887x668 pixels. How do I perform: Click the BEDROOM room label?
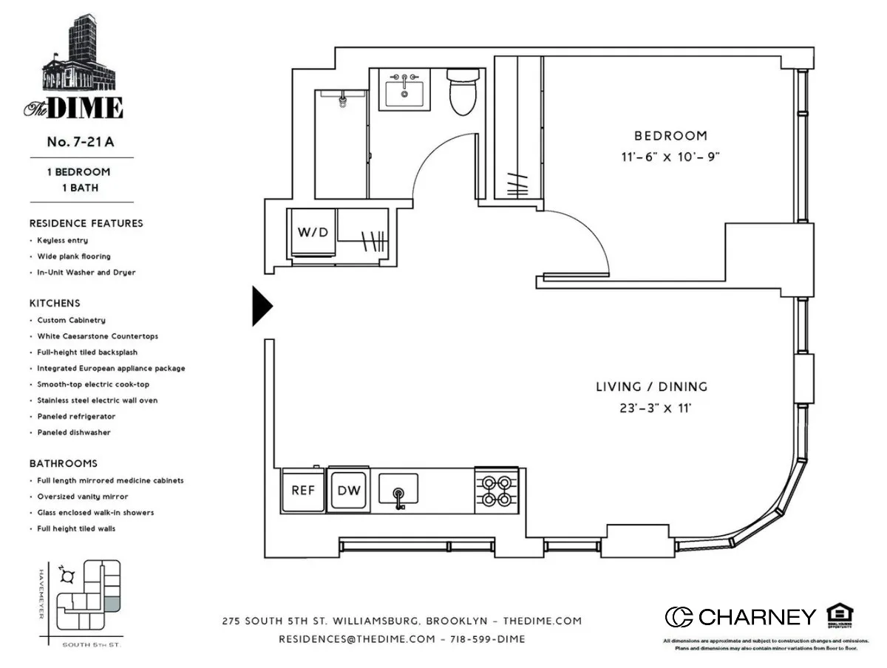670,136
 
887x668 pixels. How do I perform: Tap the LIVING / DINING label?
651,386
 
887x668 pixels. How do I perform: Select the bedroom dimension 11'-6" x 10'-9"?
670,157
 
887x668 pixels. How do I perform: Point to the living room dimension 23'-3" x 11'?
651,407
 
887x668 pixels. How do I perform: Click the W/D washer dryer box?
313,233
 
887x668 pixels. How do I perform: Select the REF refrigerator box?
303,491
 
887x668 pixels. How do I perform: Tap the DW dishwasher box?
349,491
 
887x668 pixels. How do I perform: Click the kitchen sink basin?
398,488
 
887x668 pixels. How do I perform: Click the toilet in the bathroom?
464,93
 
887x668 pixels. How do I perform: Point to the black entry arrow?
262,305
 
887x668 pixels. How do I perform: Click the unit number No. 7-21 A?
81,143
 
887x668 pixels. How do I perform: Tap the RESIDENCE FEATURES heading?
86,223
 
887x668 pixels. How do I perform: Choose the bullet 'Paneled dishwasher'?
74,432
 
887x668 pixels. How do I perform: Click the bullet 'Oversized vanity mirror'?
82,497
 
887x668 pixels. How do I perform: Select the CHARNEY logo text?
756,617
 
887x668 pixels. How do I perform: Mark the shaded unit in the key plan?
111,604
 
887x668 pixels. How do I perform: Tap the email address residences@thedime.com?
356,639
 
